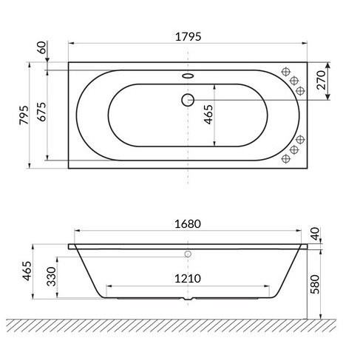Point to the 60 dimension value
(x=44, y=50)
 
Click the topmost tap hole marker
(x=285, y=72)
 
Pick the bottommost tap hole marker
(x=285, y=158)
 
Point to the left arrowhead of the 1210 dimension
(x=109, y=286)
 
